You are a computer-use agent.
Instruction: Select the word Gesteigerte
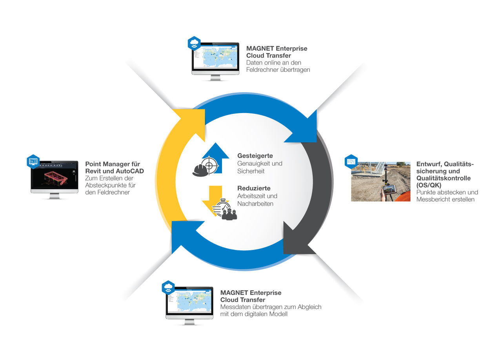255,156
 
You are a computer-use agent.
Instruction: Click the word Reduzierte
254,188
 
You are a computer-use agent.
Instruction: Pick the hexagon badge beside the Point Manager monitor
33,161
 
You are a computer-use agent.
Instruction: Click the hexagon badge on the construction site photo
351,161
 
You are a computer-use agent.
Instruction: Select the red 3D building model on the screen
55,176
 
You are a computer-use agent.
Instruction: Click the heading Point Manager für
113,164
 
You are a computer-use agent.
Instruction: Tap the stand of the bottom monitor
189,322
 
